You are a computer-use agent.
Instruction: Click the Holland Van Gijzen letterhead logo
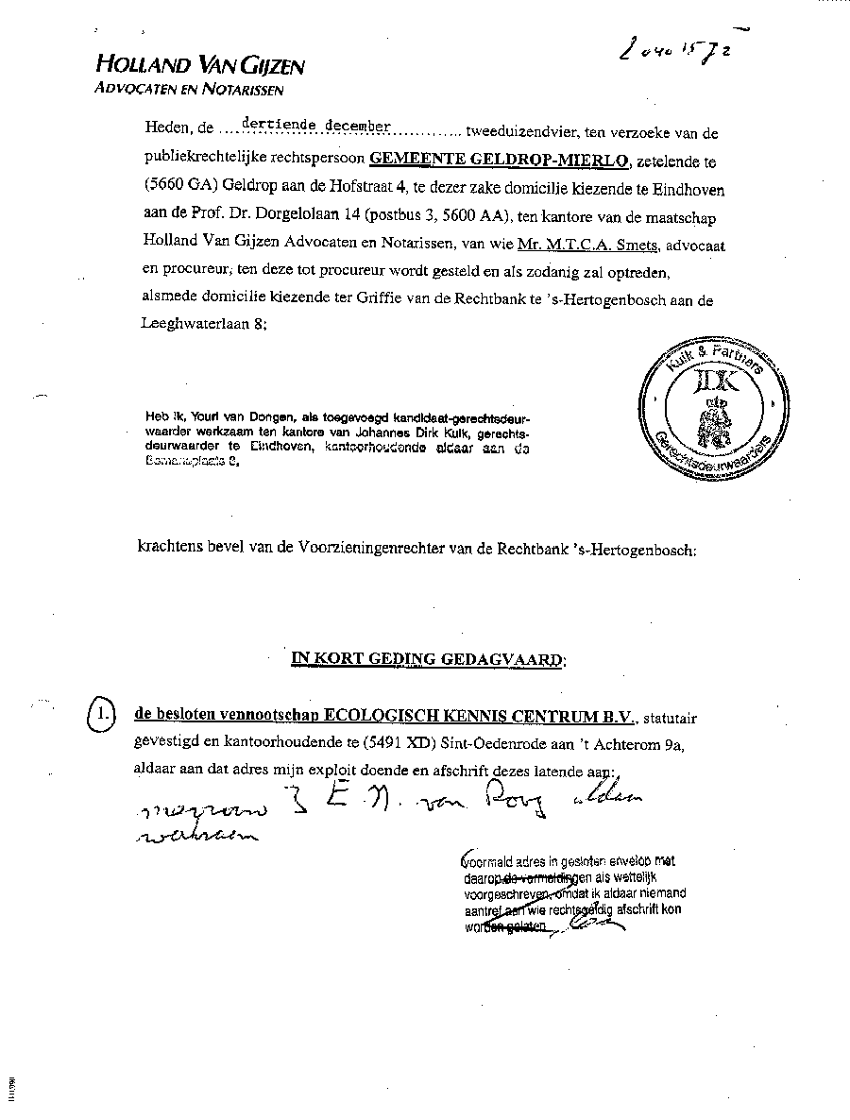(199, 65)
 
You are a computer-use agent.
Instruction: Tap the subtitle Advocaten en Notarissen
(189, 90)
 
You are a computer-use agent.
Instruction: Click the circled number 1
(101, 715)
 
